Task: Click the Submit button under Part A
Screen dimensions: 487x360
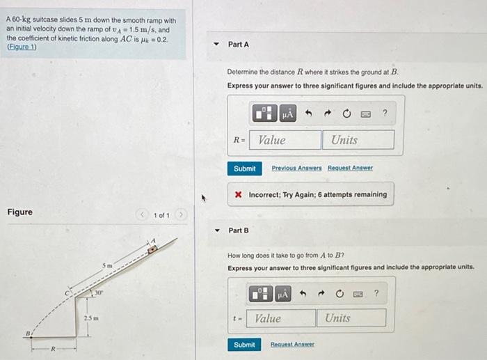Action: click(x=244, y=169)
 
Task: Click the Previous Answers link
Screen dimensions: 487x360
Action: click(x=296, y=168)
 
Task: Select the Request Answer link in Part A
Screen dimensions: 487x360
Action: click(x=350, y=168)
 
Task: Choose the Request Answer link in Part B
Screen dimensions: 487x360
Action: click(x=292, y=344)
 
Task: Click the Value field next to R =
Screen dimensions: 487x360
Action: click(x=285, y=140)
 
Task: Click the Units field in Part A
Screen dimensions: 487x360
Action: click(x=358, y=140)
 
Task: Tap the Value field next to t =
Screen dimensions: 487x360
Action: click(x=281, y=318)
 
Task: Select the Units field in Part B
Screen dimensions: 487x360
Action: click(x=351, y=318)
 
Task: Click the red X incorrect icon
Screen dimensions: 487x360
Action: click(x=238, y=194)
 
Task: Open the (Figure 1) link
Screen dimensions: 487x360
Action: click(x=22, y=47)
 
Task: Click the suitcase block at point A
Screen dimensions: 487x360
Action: click(x=152, y=249)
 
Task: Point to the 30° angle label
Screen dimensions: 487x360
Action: click(x=99, y=292)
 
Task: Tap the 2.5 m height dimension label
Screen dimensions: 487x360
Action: click(x=91, y=318)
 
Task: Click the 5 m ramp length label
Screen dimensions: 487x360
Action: click(x=107, y=265)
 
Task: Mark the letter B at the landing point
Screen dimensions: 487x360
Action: click(x=28, y=334)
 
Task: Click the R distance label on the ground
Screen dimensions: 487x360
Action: click(x=53, y=349)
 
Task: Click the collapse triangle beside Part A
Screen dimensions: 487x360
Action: click(x=216, y=44)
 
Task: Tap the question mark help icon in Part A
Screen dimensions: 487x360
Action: click(x=385, y=113)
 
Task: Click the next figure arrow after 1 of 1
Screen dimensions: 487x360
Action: click(x=181, y=214)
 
